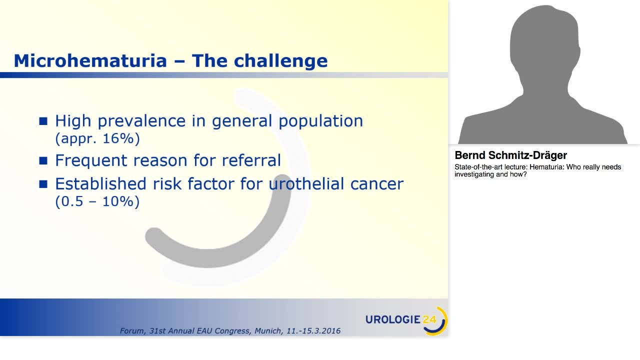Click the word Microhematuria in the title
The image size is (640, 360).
coord(90,60)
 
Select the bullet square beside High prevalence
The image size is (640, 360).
coord(43,121)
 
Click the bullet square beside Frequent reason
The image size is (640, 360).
coord(43,160)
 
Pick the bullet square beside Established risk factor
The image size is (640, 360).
coord(43,184)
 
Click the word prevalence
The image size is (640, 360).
coord(141,121)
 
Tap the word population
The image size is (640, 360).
coord(321,121)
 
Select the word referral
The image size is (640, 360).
coord(251,160)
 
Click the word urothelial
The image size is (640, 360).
coord(306,183)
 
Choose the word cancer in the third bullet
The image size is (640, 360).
coord(377,184)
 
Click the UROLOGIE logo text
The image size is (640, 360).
coord(393,319)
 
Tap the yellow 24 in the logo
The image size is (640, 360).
coord(429,319)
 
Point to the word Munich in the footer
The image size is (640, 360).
coord(268,331)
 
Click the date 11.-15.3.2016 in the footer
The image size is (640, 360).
coord(313,331)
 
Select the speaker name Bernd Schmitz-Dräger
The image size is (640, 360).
coord(511,155)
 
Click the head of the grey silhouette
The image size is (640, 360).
coord(544,45)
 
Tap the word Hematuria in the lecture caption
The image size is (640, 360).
coord(547,167)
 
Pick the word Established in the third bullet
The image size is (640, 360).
coord(101,183)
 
